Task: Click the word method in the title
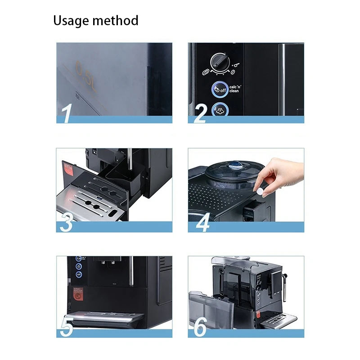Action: tap(116, 21)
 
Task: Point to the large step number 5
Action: tap(67, 326)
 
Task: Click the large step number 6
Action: tap(200, 326)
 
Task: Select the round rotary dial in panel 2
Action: tap(220, 62)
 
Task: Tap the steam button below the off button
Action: tap(220, 108)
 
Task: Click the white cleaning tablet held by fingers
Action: tap(260, 189)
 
